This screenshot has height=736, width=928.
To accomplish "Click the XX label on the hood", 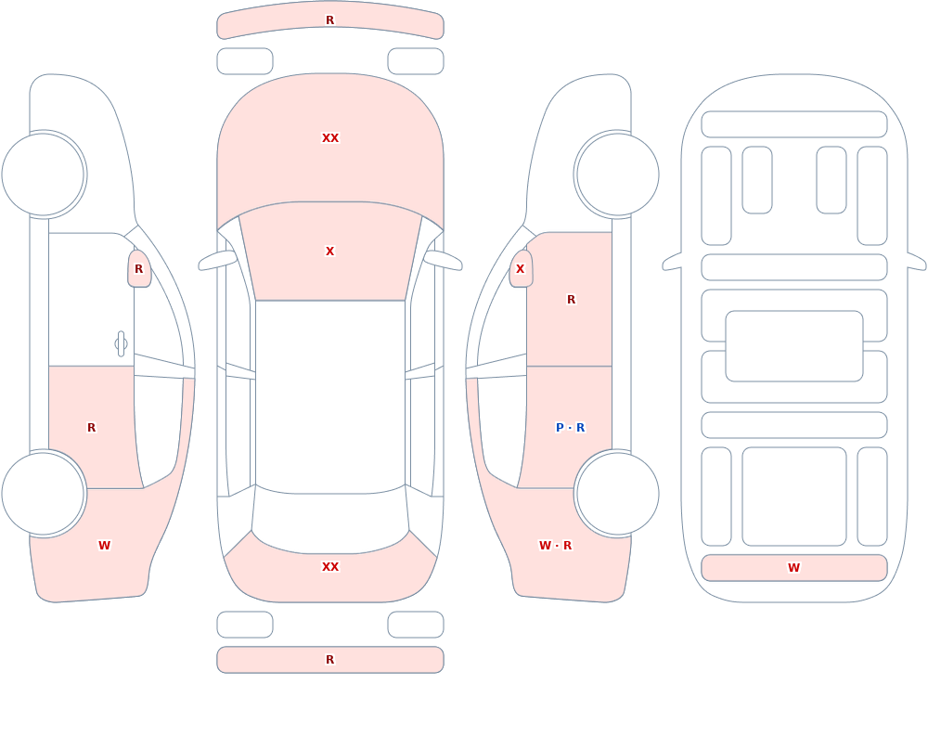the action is tap(330, 138).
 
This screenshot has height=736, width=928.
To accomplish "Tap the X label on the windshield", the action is tap(330, 252).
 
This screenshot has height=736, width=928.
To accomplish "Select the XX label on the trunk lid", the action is tap(330, 567).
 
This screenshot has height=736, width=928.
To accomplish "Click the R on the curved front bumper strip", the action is tap(330, 20).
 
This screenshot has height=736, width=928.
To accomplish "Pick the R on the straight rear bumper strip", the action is tap(330, 660).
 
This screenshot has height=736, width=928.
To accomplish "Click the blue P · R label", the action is tap(571, 428).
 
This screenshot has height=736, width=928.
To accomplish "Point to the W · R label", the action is tap(555, 546).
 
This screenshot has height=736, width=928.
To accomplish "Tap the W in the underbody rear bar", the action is tap(793, 568).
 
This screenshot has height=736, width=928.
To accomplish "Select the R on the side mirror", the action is tap(139, 269).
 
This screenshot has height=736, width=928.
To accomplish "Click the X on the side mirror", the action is tap(521, 269).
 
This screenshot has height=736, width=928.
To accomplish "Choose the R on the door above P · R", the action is tap(571, 300).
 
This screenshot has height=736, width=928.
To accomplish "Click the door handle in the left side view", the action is tap(121, 343).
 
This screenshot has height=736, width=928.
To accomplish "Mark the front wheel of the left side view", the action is tap(44, 174).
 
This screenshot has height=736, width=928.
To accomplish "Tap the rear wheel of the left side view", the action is tap(44, 493).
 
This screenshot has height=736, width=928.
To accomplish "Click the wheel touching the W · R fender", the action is tap(617, 493).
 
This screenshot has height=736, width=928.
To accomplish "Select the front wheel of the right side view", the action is tap(617, 174).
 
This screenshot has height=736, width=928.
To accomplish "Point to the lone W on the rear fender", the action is tap(104, 546).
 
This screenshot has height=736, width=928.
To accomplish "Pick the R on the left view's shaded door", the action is tap(91, 428).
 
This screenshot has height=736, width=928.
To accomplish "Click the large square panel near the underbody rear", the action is tap(794, 497).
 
